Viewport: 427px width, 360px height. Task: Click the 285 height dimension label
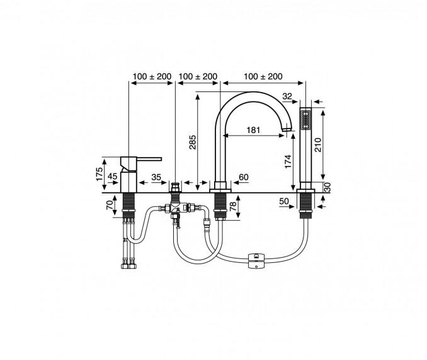point(193,142)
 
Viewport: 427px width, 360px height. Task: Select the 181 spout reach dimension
point(253,130)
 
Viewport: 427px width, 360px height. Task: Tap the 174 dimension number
point(288,161)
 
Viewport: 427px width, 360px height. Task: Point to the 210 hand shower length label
point(318,145)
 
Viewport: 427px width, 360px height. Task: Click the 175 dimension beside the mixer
point(100,173)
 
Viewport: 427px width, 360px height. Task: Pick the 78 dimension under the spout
point(234,207)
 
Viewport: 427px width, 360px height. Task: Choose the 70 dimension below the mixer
point(110,205)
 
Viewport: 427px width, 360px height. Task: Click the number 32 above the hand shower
point(287,96)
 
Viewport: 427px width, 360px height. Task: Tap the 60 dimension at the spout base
point(244,177)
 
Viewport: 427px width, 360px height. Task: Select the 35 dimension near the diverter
point(156,177)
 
